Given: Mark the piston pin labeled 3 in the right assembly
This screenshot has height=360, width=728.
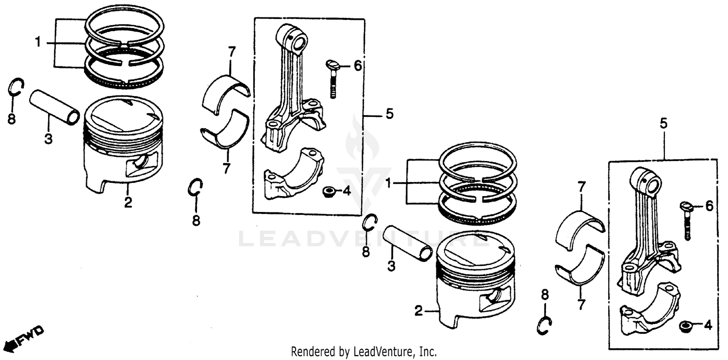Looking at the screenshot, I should (x=407, y=244).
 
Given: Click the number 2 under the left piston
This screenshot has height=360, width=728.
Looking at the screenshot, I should (x=128, y=202).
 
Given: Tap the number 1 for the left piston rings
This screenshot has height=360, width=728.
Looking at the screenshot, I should (x=37, y=43).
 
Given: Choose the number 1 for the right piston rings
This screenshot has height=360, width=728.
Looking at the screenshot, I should (x=388, y=183).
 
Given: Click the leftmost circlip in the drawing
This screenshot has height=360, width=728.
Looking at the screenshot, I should (x=16, y=88).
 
